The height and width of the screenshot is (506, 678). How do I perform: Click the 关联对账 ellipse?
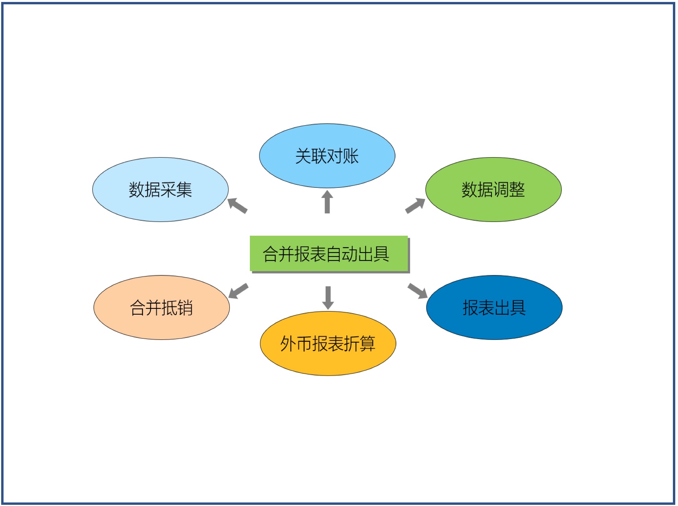pyautogui.click(x=327, y=156)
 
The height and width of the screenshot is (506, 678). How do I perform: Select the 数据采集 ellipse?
pyautogui.click(x=160, y=190)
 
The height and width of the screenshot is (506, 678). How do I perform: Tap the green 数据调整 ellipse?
pyautogui.click(x=493, y=190)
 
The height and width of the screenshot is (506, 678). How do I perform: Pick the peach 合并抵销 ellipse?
pyautogui.click(x=161, y=307)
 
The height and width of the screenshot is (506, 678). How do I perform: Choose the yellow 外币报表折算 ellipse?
pyautogui.click(x=328, y=343)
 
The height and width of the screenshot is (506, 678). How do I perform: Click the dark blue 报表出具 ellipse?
pyautogui.click(x=494, y=307)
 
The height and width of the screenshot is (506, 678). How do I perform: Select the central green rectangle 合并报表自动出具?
pyautogui.click(x=329, y=253)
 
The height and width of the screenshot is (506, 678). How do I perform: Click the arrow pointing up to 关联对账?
pyautogui.click(x=327, y=202)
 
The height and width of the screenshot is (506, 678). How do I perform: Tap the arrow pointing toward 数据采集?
pyautogui.click(x=238, y=205)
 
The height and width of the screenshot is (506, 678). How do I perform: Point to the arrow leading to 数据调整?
pyautogui.click(x=415, y=205)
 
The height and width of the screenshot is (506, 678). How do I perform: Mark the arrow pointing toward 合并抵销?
pyautogui.click(x=238, y=291)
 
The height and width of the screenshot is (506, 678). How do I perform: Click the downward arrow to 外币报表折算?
pyautogui.click(x=328, y=298)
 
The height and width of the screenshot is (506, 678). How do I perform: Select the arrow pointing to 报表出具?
pyautogui.click(x=418, y=291)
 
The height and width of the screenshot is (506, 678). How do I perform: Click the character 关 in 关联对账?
pyautogui.click(x=303, y=156)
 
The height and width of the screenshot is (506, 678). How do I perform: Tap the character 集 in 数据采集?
pyautogui.click(x=184, y=190)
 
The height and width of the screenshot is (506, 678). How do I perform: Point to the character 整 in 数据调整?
pyautogui.click(x=517, y=190)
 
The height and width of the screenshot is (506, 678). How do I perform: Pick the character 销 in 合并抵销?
pyautogui.click(x=185, y=308)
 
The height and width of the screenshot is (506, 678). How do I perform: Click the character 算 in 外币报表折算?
pyautogui.click(x=368, y=343)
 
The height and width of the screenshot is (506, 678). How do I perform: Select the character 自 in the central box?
pyautogui.click(x=334, y=254)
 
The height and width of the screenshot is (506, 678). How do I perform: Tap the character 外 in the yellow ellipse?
pyautogui.click(x=288, y=343)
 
